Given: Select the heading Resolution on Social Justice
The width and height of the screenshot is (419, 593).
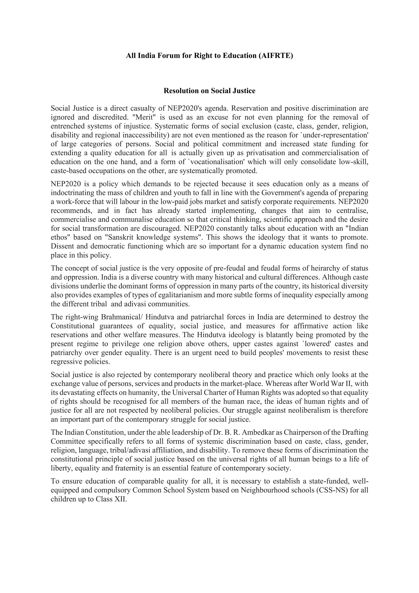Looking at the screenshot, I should [x=209, y=91].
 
